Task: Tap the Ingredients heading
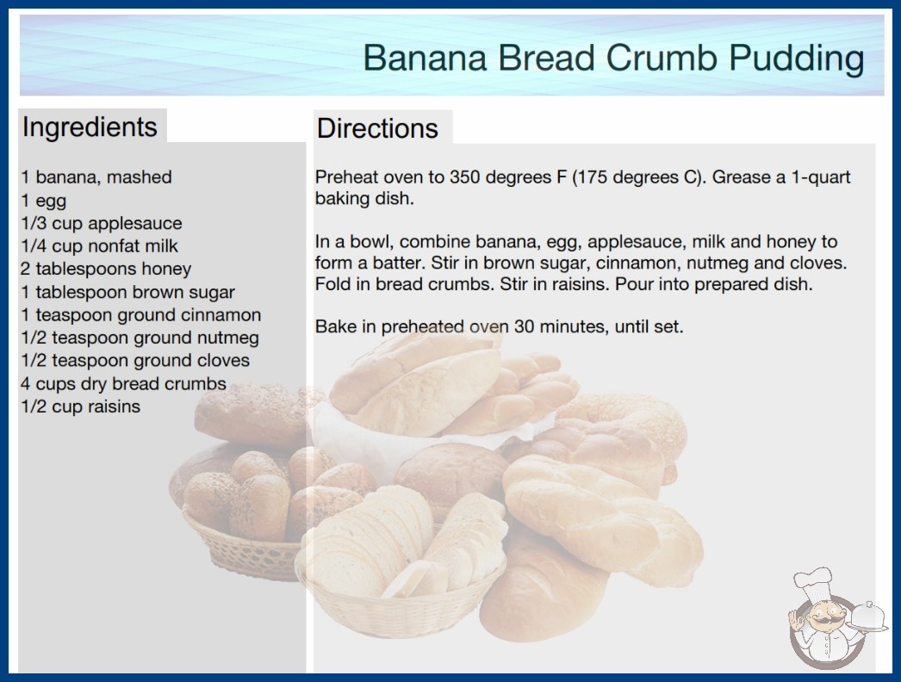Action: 90,127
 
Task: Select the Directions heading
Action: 377,128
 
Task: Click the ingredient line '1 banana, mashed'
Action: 96,177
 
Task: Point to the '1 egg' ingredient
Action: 44,201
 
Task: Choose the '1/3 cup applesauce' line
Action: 102,223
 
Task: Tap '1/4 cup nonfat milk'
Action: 99,246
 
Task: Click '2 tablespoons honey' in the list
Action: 106,269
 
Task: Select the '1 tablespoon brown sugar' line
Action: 128,292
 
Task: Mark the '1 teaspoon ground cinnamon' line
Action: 141,315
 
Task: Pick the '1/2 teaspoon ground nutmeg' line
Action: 140,338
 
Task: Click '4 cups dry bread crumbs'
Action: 123,383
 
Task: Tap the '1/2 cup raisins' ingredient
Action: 80,406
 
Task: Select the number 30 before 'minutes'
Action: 525,326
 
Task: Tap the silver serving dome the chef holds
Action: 868,616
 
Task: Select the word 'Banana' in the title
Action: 425,59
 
